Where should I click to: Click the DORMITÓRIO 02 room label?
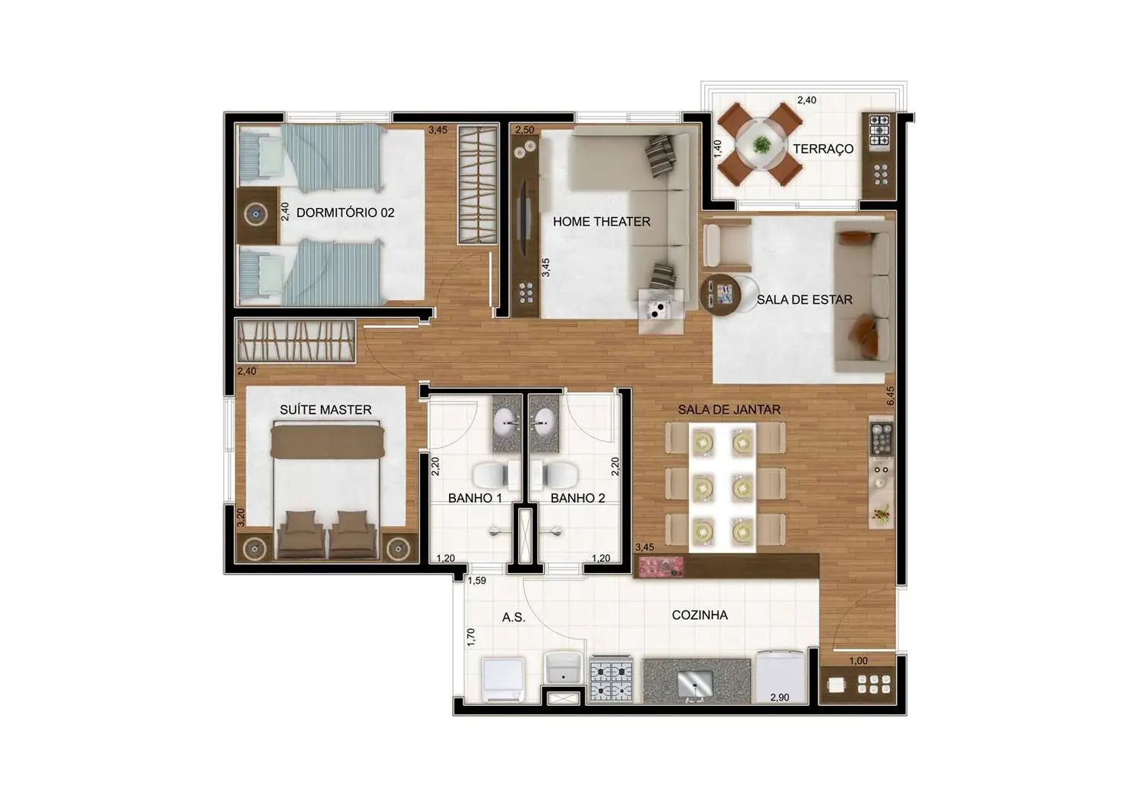click(345, 213)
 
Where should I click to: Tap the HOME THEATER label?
click(601, 222)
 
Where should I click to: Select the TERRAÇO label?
click(822, 149)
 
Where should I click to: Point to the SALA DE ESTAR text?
click(804, 300)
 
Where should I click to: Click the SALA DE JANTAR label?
click(728, 410)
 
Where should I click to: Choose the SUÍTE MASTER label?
click(325, 410)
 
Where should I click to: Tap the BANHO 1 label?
click(475, 498)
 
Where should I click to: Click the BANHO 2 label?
click(577, 498)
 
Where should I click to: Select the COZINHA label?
click(699, 615)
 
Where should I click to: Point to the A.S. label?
click(513, 617)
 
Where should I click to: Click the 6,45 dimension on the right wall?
click(890, 396)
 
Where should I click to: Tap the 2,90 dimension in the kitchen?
click(779, 698)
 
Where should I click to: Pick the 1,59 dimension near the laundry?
click(476, 581)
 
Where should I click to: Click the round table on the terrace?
click(761, 144)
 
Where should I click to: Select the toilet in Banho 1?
click(493, 475)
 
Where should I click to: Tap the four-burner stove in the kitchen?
click(611, 680)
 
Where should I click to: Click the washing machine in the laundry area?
click(503, 679)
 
